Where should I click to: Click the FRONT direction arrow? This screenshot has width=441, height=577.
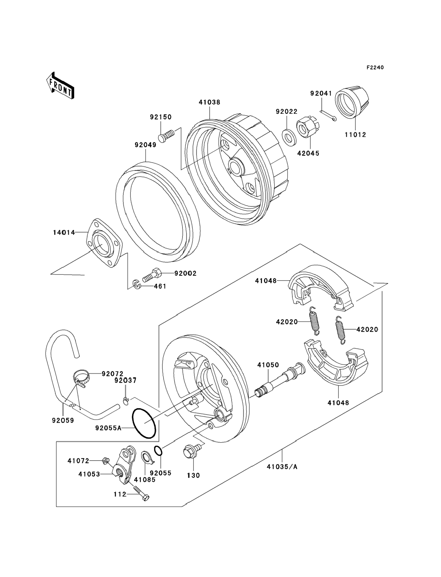(x=60, y=86)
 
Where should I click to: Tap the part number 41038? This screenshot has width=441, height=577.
(x=209, y=102)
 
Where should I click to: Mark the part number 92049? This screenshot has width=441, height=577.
(x=145, y=145)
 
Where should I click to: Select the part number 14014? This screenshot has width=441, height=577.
(x=64, y=232)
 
